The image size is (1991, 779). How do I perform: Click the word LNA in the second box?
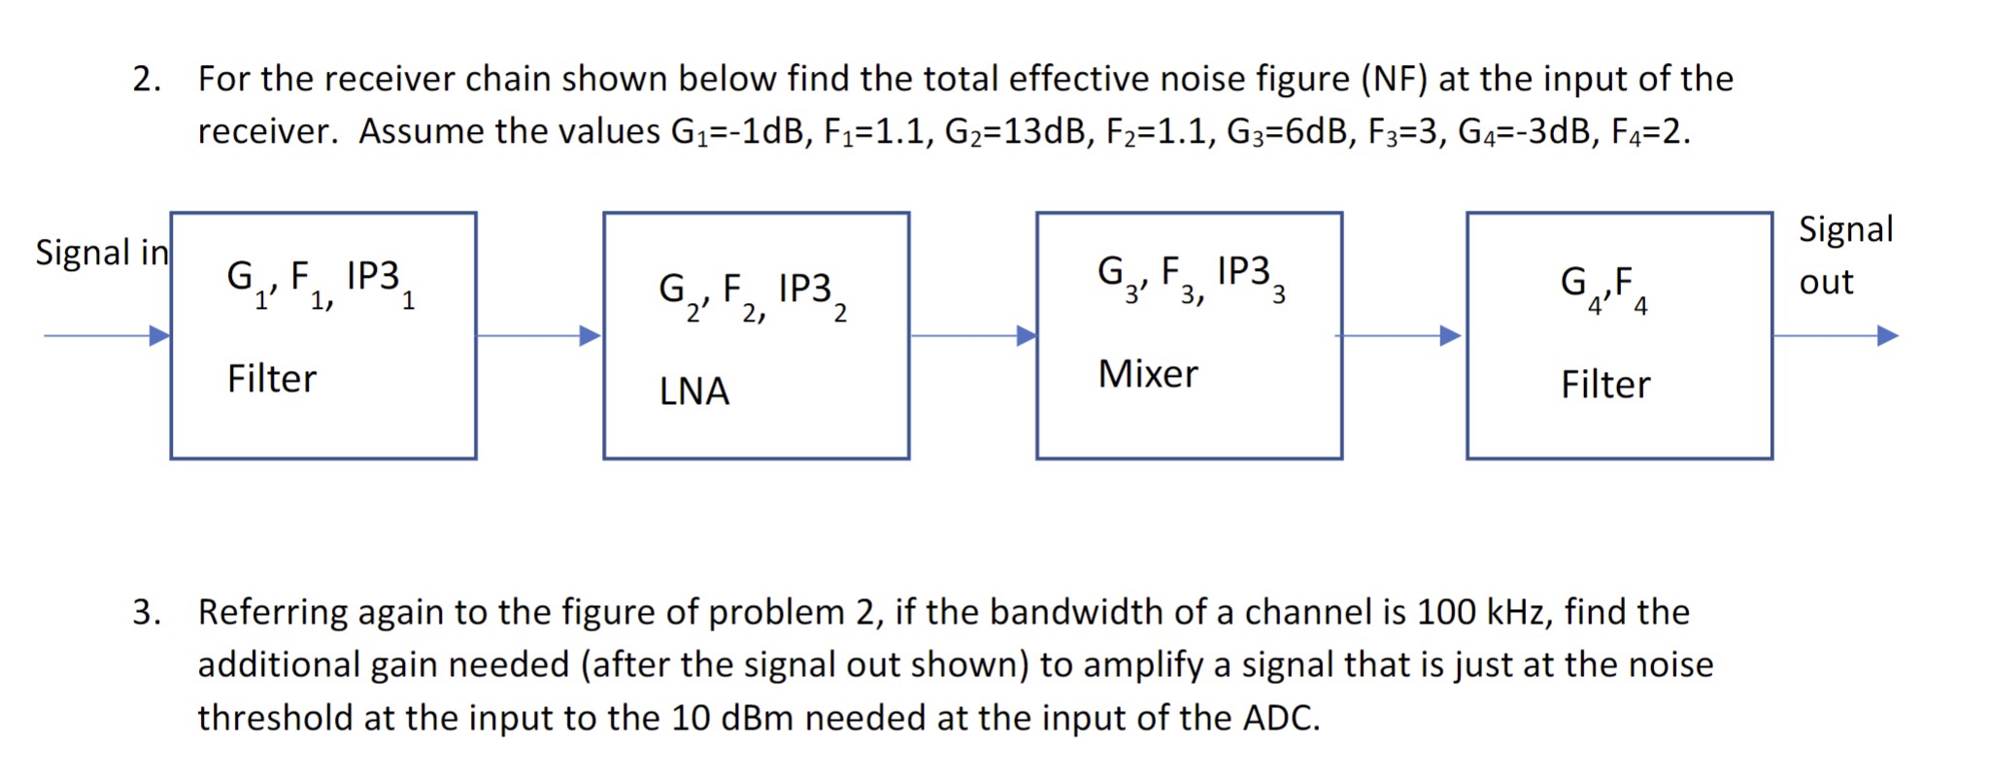693,390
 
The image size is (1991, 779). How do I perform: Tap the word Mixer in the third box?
1147,374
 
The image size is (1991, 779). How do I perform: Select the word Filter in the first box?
271,379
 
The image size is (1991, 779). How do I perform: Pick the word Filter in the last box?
1604,385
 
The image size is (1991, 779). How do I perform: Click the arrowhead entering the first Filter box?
159,336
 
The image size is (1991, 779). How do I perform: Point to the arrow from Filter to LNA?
539,336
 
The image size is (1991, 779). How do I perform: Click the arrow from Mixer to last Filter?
1400,336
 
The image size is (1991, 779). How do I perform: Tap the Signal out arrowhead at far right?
1887,336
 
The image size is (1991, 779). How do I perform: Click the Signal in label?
101,253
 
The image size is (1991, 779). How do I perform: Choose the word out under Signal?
1826,283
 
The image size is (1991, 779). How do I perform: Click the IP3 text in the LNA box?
805,288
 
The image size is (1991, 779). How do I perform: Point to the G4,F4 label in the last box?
1603,284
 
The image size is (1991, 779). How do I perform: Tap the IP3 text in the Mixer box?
1243,271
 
